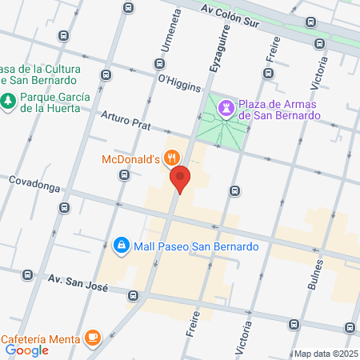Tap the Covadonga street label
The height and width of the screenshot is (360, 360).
(x=35, y=182)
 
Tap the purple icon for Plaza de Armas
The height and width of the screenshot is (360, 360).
(x=227, y=110)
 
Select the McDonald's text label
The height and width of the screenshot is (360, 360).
(x=133, y=159)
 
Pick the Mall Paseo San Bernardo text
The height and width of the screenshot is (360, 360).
(x=195, y=246)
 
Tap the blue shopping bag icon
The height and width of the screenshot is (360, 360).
(x=121, y=245)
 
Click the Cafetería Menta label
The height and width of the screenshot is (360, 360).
(x=39, y=337)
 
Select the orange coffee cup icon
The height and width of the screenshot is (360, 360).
(x=94, y=337)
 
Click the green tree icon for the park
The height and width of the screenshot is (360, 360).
(x=8, y=102)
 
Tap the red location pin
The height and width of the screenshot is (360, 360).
(x=181, y=179)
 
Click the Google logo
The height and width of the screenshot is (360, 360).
(x=27, y=350)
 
